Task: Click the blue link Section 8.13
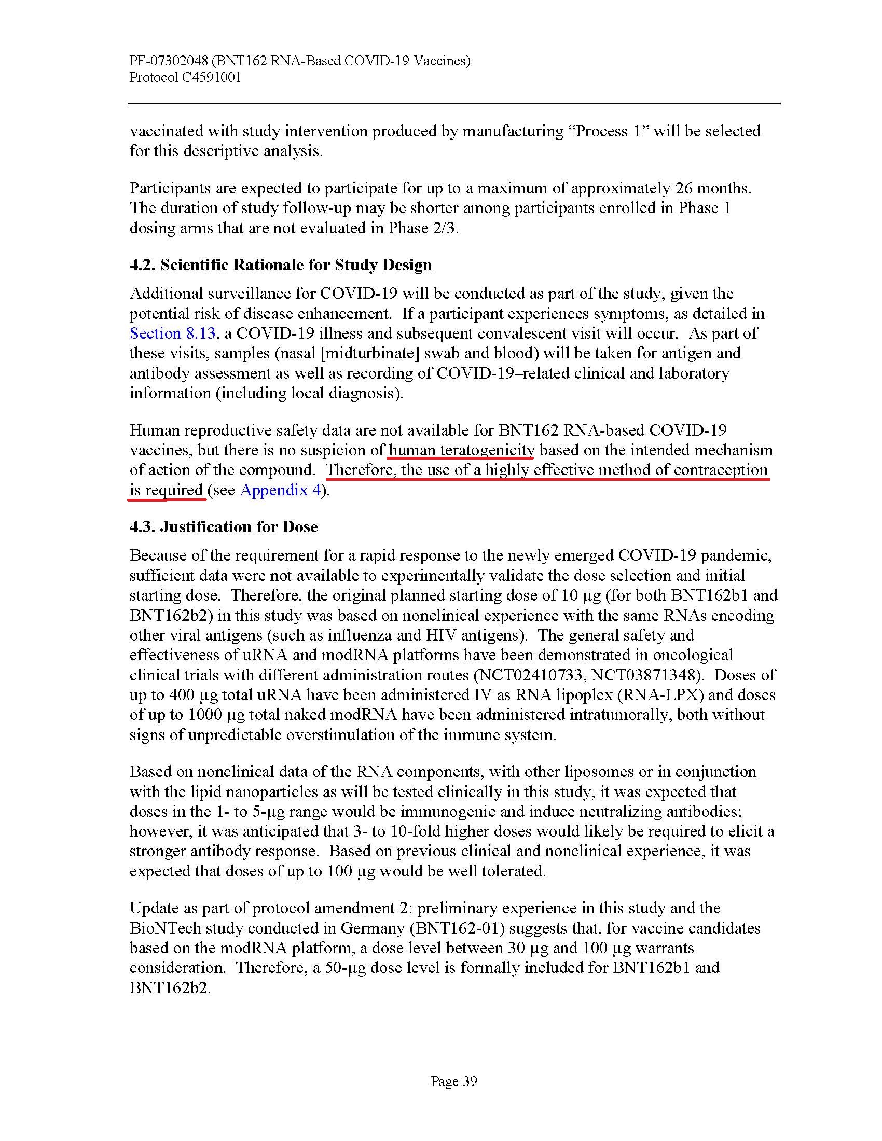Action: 172,333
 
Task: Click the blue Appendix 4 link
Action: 280,490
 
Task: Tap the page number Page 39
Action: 453,1081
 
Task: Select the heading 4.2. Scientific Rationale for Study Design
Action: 281,265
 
